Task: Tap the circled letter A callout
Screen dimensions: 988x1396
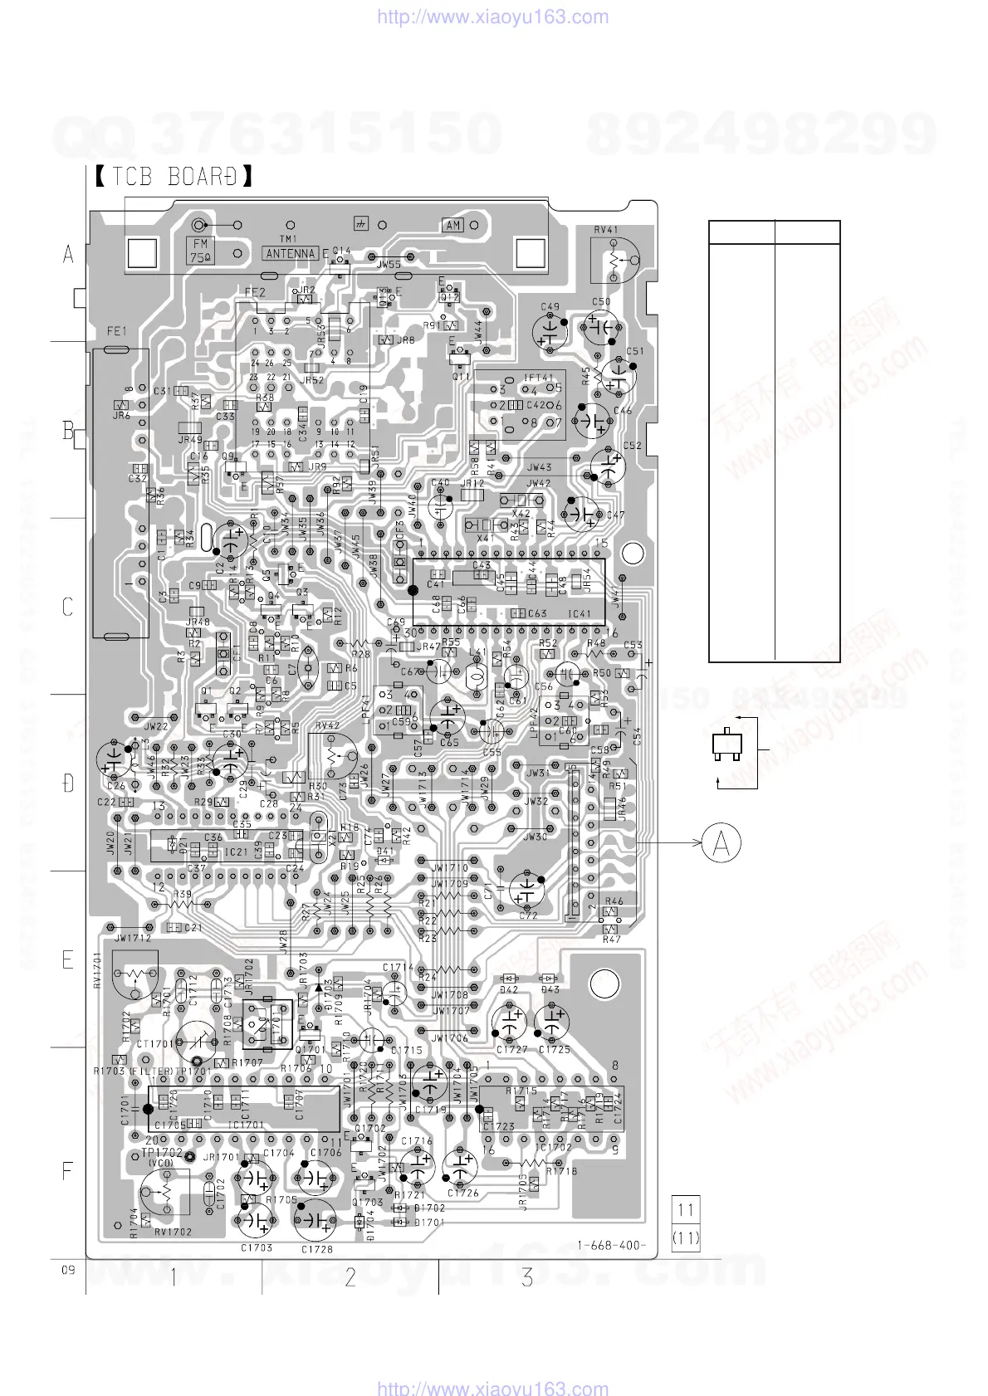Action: point(721,843)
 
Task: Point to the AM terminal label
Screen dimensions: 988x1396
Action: point(452,226)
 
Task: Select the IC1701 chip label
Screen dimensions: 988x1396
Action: point(247,1125)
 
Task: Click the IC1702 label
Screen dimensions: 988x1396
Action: point(554,1148)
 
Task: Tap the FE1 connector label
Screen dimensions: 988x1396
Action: point(116,331)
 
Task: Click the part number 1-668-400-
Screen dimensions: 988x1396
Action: point(612,1245)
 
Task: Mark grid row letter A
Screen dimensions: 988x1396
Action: point(68,256)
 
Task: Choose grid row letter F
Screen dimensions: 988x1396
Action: point(68,1172)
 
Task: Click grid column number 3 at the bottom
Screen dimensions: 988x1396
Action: point(527,1277)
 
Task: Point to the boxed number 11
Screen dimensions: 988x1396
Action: point(686,1209)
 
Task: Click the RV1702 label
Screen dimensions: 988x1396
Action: point(173,1232)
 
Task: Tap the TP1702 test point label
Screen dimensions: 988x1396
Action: point(160,1153)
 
